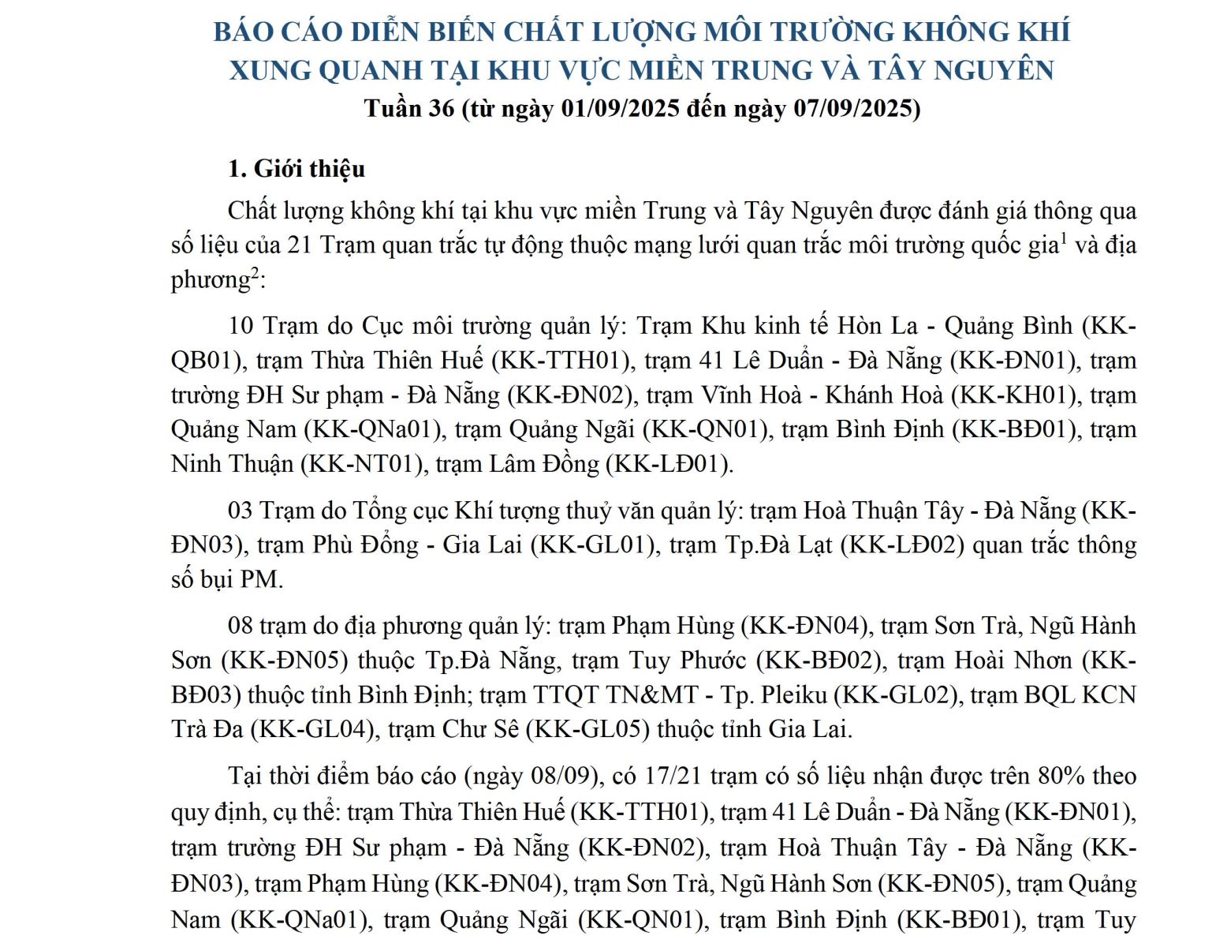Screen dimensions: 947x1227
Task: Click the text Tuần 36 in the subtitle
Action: (409, 108)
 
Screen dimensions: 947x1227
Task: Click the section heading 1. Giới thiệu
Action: (296, 169)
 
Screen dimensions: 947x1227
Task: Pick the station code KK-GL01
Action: (592, 545)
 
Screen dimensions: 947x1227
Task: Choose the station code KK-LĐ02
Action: (902, 545)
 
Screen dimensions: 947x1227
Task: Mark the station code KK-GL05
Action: (587, 728)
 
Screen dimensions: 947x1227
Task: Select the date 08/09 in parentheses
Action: (561, 776)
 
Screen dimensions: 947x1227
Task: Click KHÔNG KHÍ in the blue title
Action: (986, 32)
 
